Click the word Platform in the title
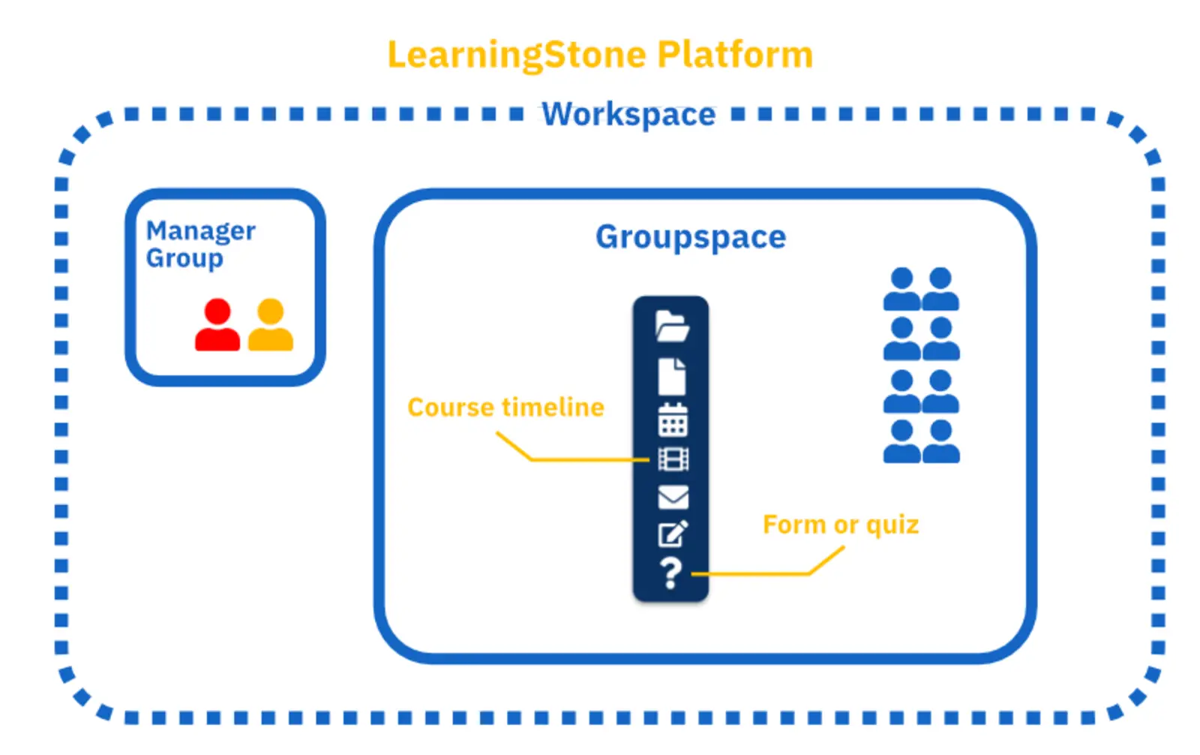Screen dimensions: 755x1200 [x=734, y=55]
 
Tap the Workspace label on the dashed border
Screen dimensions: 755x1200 [x=628, y=115]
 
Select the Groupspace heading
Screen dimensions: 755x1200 [x=690, y=237]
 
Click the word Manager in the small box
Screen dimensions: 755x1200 [x=200, y=230]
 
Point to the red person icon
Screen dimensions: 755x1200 [x=217, y=325]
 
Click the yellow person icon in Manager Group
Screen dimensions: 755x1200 [x=270, y=325]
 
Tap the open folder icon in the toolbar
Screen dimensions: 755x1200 [x=672, y=326]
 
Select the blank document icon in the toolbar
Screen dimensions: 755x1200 [x=672, y=376]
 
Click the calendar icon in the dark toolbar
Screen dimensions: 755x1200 [x=673, y=420]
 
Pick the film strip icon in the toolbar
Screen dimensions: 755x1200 [x=673, y=459]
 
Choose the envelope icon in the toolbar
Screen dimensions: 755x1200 [x=673, y=497]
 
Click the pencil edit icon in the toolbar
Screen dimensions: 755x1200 [x=673, y=534]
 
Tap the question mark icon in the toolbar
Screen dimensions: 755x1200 [x=671, y=574]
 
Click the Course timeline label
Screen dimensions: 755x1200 [x=505, y=408]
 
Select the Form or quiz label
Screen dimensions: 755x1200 [x=840, y=525]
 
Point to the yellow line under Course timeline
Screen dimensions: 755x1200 [x=585, y=459]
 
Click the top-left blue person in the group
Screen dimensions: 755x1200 [x=901, y=290]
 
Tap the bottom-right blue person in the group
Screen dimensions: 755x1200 [x=940, y=442]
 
